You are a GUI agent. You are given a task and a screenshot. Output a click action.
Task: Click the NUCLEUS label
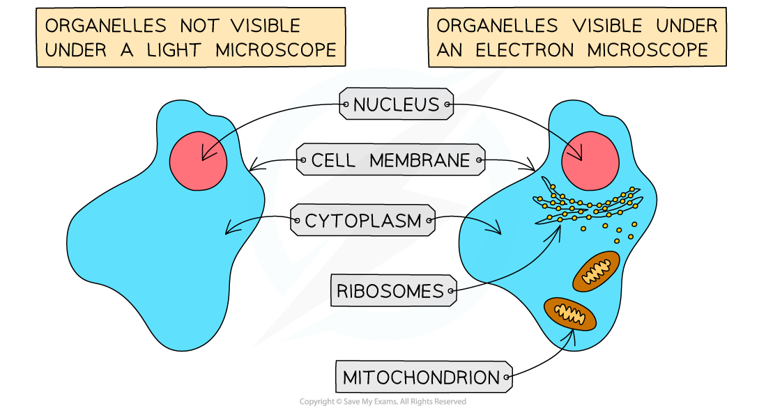coord(396,105)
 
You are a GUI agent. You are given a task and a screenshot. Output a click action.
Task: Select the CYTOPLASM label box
coord(363,221)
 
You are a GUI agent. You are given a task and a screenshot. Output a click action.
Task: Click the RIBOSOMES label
coord(390,291)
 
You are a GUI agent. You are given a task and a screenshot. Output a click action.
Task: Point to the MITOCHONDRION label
coord(422,378)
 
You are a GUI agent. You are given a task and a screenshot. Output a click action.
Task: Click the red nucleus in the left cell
coord(198,161)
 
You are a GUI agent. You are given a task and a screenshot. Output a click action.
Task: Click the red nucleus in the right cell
coord(589,160)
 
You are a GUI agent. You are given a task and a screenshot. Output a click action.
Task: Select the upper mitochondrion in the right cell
coord(596,272)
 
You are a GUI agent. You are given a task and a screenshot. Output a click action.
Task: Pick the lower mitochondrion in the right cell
coord(570,314)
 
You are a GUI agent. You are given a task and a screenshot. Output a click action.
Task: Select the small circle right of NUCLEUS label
coord(447,106)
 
